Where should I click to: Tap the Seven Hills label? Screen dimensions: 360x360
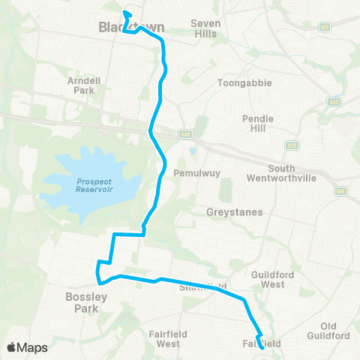205,28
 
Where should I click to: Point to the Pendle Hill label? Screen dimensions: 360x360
258,124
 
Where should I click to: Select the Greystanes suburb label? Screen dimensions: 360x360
234,212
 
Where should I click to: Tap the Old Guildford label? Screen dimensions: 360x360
335,330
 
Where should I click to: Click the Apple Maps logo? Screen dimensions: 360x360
27,347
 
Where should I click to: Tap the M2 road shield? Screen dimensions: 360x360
324,27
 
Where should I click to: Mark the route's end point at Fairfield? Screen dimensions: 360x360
262,347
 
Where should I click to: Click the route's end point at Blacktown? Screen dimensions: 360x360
125,13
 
